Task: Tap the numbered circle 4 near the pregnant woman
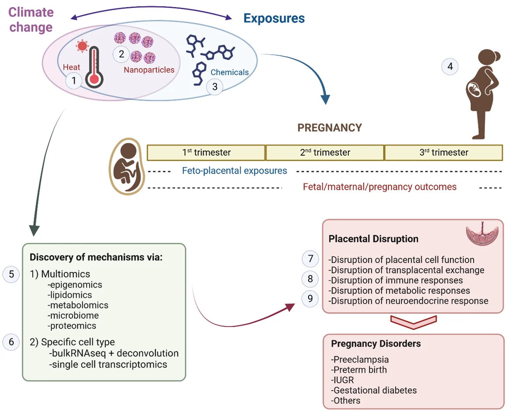pos(450,67)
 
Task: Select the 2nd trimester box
pos(325,153)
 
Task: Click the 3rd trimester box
pos(443,153)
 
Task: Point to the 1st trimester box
pos(206,153)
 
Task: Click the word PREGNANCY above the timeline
pos(330,128)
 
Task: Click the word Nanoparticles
pos(149,70)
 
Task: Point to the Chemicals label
pos(229,72)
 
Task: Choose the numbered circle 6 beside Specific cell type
pos(11,342)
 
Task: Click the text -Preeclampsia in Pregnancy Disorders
pos(360,359)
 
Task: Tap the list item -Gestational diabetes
pos(374,390)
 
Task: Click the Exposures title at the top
pos(274,18)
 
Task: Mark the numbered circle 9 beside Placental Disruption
pos(310,299)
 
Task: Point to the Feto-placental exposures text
pos(235,171)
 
